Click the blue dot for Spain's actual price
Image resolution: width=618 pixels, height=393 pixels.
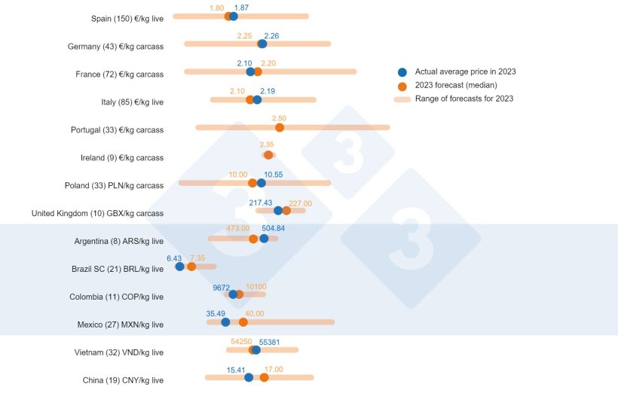click(x=234, y=16)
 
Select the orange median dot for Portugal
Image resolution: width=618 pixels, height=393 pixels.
click(x=280, y=127)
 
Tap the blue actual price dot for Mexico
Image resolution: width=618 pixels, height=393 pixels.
click(x=225, y=322)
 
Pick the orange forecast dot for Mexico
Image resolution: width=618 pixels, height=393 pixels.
click(x=243, y=322)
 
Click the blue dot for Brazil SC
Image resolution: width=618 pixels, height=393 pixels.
click(x=179, y=266)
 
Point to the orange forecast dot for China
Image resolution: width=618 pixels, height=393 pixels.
click(x=264, y=377)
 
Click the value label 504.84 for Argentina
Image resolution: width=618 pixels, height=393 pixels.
click(x=274, y=228)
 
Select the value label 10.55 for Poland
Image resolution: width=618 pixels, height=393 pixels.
click(x=273, y=174)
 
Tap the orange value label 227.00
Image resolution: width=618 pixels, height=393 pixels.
click(x=300, y=203)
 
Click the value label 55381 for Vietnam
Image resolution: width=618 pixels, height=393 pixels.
click(x=274, y=341)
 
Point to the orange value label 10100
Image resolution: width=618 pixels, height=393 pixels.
click(x=256, y=286)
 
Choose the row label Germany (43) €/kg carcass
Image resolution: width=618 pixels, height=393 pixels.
click(x=115, y=47)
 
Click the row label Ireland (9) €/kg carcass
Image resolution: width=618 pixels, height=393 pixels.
click(x=121, y=158)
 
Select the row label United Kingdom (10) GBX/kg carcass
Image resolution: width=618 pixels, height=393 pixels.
click(x=97, y=214)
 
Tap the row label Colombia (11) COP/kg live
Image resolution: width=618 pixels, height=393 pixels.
click(x=116, y=297)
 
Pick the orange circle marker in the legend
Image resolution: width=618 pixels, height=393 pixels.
click(x=402, y=85)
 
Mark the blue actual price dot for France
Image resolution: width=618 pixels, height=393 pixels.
click(x=250, y=72)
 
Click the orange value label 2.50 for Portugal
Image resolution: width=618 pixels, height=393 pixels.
click(x=279, y=118)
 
